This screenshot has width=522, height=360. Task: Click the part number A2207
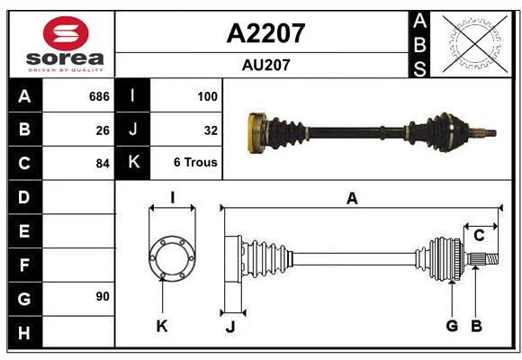265,33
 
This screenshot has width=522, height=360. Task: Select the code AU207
265,65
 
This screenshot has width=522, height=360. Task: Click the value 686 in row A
98,96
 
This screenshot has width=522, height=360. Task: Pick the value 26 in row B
102,130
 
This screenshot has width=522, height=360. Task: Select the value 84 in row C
102,164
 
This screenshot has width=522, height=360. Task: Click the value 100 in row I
207,96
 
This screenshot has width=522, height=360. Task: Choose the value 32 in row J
211,130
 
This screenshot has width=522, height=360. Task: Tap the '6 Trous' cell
195,163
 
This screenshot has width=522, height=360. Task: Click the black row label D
24,197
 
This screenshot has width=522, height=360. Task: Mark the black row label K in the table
133,163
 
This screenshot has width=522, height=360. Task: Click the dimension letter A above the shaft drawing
352,199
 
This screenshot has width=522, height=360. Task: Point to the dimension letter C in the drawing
479,236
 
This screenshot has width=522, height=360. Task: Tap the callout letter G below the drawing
452,326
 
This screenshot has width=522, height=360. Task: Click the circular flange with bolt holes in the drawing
171,259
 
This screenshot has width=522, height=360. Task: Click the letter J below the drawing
229,327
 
